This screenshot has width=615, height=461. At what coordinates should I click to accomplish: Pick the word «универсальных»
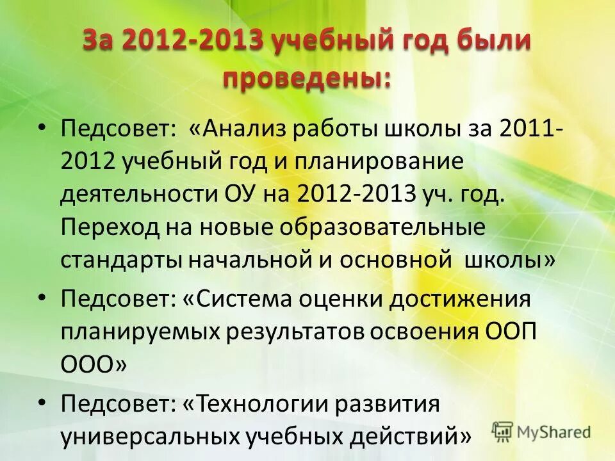[x=149, y=438]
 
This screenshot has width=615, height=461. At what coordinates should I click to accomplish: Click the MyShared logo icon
[x=503, y=431]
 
